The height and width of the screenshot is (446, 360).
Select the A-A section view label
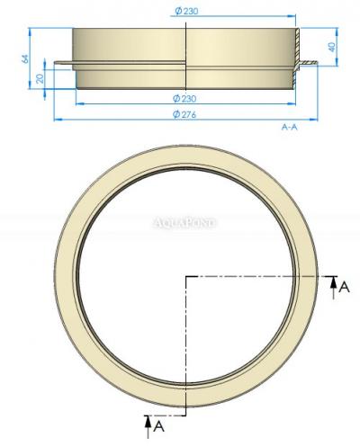click(290, 128)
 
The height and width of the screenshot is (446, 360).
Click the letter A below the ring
click(159, 421)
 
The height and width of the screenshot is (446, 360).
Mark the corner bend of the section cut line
click(185, 276)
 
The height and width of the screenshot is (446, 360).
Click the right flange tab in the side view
click(308, 64)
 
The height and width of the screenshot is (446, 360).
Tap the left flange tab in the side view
click(63, 63)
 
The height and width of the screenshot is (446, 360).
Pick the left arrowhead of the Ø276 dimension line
click(58, 118)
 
